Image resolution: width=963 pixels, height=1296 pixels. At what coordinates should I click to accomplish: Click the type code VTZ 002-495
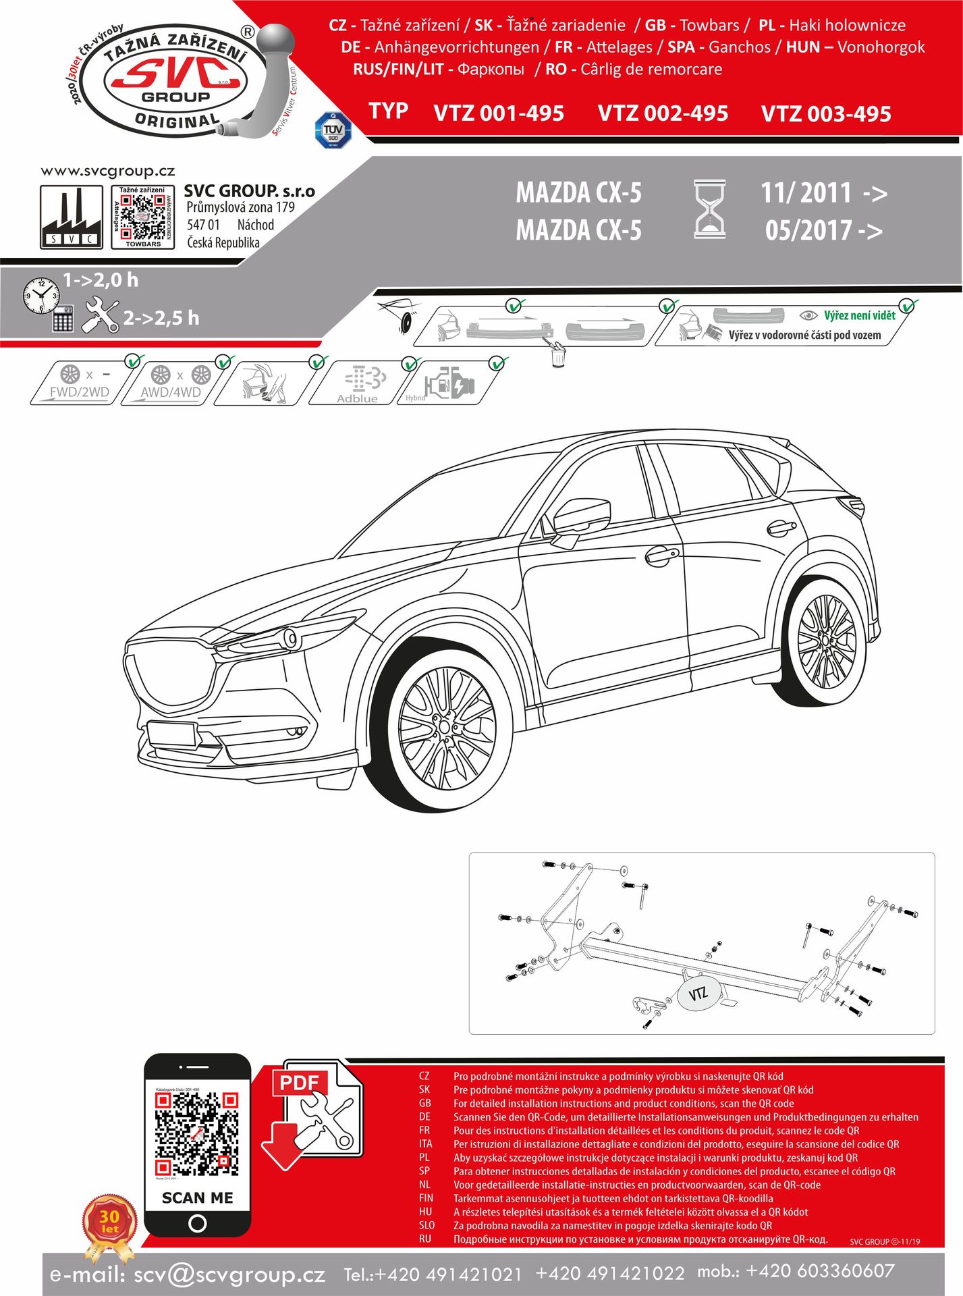pyautogui.click(x=663, y=113)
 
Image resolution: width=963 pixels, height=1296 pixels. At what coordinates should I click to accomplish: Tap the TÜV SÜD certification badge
pyautogui.click(x=333, y=130)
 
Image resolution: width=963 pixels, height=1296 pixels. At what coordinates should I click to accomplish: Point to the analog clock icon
pyautogui.click(x=40, y=295)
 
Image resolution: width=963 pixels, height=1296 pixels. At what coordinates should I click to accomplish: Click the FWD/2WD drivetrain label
pyautogui.click(x=79, y=392)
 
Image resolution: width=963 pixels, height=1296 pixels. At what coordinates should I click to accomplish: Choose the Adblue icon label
pyautogui.click(x=358, y=398)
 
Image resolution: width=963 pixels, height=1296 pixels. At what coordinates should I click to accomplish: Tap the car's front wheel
pyautogui.click(x=446, y=728)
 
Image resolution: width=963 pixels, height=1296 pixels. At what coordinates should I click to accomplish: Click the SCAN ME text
pyautogui.click(x=197, y=1197)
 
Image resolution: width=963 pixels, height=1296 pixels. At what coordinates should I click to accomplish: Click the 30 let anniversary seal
pyautogui.click(x=109, y=1222)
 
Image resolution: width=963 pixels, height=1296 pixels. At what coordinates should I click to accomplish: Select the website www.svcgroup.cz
pyautogui.click(x=108, y=171)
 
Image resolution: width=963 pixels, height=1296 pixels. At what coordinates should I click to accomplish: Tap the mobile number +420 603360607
pyautogui.click(x=820, y=1272)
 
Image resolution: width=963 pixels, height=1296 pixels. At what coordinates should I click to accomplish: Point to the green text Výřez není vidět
pyautogui.click(x=859, y=315)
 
